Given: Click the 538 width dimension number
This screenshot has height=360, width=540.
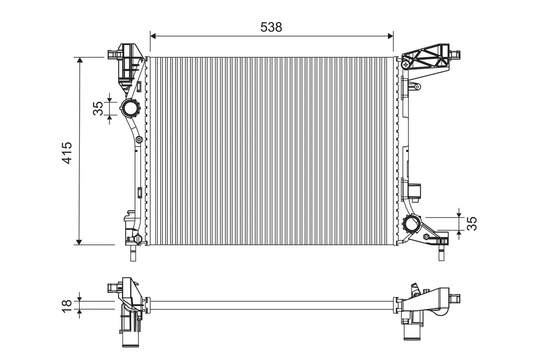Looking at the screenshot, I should coord(271,27).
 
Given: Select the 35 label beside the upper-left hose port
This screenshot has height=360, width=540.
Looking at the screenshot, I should coord(98,108).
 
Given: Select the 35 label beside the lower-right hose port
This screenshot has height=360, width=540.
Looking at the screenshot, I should coord(471,224).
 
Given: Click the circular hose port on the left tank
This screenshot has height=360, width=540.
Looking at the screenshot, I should coord(130,108).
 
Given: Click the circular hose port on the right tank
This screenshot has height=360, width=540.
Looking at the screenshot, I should coord(412,224).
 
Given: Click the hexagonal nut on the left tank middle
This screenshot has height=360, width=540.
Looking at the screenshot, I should coord(139,140).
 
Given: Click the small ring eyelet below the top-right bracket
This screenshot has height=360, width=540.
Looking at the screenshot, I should coord(417,86).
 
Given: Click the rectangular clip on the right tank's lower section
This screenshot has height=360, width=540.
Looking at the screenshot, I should coord(414,191).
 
